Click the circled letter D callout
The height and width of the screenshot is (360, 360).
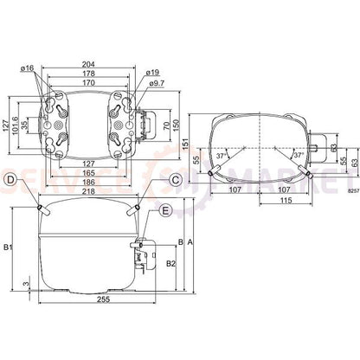[10, 180]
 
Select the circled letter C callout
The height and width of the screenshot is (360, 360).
[175, 180]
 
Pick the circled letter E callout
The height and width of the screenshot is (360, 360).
[166, 209]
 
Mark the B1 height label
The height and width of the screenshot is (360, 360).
[9, 249]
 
